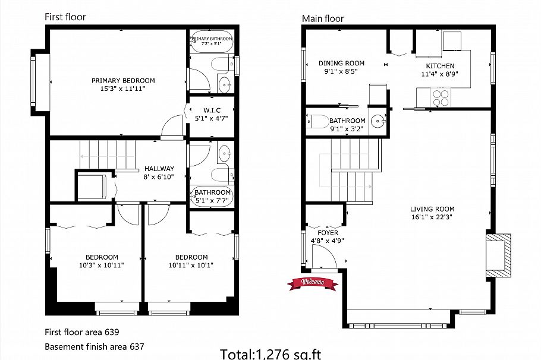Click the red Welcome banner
[x=313, y=282]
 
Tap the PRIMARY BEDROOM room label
[x=123, y=81]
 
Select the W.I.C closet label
[x=212, y=110]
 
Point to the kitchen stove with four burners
[x=441, y=97]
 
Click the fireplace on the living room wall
[x=499, y=254]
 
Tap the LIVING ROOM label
[x=432, y=209]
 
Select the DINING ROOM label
[x=341, y=63]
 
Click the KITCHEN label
[x=440, y=66]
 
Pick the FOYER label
[x=328, y=233]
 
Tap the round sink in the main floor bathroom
[x=378, y=122]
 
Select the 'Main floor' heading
[x=323, y=18]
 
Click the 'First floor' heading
[x=65, y=17]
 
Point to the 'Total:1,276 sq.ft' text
[x=270, y=354]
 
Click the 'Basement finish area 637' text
[x=95, y=346]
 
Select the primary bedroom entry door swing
[x=173, y=126]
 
